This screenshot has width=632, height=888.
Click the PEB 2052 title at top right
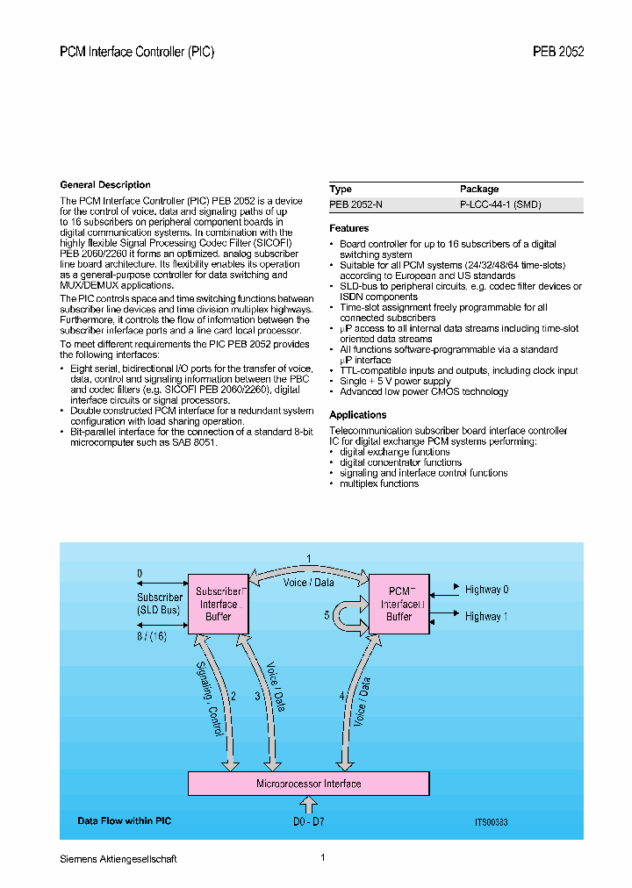click(x=558, y=52)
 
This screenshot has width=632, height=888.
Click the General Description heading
click(x=104, y=185)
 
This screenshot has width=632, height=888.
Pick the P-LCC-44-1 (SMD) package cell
click(x=500, y=204)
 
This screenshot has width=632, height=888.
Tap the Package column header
click(x=479, y=189)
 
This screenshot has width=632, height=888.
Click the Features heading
click(x=348, y=228)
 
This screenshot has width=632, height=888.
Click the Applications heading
click(x=357, y=415)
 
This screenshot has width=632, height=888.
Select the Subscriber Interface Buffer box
click(x=219, y=604)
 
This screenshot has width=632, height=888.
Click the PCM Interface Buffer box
click(x=399, y=604)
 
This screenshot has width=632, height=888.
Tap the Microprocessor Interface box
click(x=308, y=784)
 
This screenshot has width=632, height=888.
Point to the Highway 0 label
click(x=486, y=590)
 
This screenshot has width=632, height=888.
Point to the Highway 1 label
click(x=486, y=617)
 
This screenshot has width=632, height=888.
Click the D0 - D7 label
click(x=309, y=821)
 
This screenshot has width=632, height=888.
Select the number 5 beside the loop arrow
click(x=327, y=615)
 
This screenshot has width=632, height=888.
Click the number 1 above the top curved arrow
click(x=308, y=558)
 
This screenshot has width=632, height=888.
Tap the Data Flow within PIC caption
click(x=124, y=821)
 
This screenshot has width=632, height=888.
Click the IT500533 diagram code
click(x=491, y=823)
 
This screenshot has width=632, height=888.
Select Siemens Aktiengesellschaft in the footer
click(x=118, y=859)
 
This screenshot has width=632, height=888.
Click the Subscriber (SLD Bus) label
click(x=159, y=604)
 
